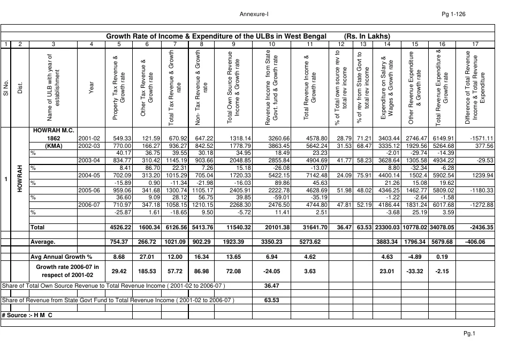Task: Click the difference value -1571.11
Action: click(x=480, y=138)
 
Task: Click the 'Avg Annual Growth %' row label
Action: click(x=62, y=257)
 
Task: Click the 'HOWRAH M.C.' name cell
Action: click(x=54, y=130)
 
